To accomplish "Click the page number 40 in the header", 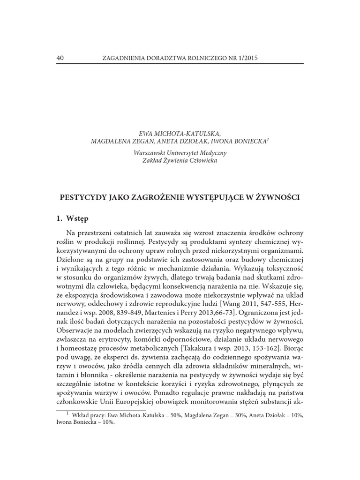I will (60, 58).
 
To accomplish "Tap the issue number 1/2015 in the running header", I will (247, 58).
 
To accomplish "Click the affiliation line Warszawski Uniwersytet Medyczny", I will (180, 153).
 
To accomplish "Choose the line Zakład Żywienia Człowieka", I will (180, 161).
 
